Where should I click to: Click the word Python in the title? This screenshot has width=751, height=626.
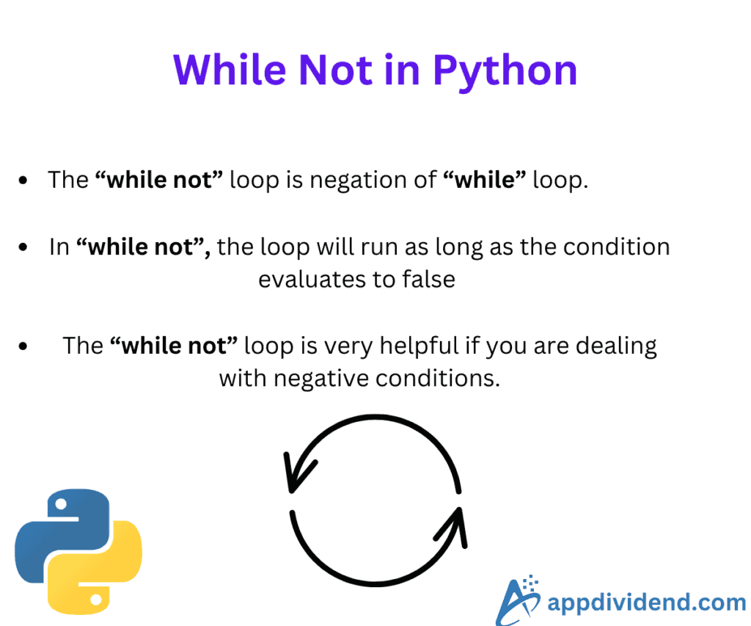[505, 72]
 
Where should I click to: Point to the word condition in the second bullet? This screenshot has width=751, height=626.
[616, 247]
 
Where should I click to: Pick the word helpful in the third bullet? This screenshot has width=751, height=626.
[420, 346]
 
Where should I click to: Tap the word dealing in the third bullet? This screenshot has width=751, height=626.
[616, 346]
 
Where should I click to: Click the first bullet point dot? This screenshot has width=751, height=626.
[23, 181]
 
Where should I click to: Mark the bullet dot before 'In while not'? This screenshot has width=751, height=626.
[23, 247]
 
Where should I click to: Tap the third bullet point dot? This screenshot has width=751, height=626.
[23, 346]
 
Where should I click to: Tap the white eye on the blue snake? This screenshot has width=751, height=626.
[61, 504]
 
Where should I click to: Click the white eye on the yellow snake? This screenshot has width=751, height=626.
[96, 599]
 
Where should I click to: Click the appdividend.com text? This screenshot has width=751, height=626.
[647, 603]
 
